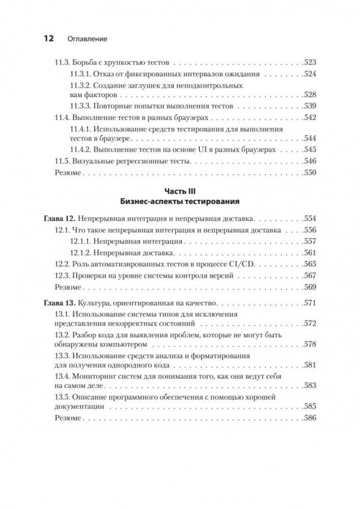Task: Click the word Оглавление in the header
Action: click(x=87, y=39)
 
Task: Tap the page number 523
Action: click(x=309, y=63)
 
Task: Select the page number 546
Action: click(x=309, y=161)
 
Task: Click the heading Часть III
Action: click(x=180, y=191)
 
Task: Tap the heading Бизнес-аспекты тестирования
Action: click(x=180, y=201)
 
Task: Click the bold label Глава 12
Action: click(x=58, y=219)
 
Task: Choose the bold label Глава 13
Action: click(x=58, y=303)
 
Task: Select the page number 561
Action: click(x=309, y=253)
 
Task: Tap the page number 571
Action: click(x=309, y=303)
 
